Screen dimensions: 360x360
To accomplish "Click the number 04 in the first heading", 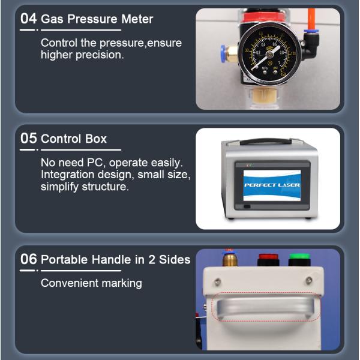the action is tap(28, 19).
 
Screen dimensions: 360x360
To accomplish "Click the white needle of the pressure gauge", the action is tap(265, 58).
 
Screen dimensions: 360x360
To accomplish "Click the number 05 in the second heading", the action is tap(28, 138).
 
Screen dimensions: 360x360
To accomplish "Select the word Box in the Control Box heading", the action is tap(96, 139).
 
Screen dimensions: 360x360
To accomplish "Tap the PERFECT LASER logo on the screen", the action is tap(272, 185).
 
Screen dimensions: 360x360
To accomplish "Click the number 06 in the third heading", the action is tap(28, 259).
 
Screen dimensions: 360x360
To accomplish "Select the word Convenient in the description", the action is tap(70, 283).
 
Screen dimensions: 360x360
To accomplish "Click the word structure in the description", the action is tap(104, 187).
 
